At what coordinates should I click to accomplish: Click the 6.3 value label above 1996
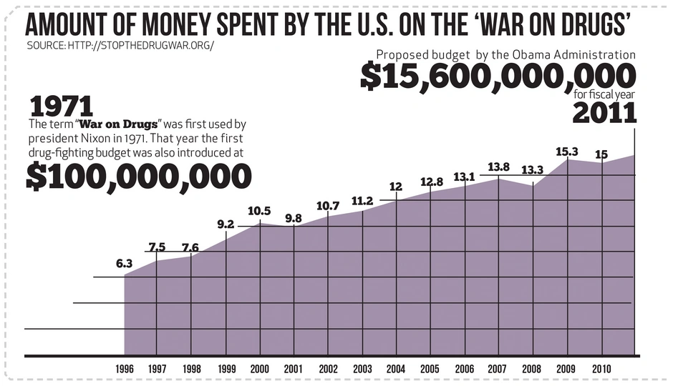pos(125,264)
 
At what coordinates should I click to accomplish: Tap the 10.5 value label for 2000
pos(259,211)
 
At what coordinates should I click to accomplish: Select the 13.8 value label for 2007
pos(498,167)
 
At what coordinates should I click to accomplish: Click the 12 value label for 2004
pos(396,187)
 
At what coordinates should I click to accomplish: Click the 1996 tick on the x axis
pos(125,369)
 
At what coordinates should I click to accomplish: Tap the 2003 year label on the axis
pos(362,369)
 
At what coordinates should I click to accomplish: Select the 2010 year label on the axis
pos(601,369)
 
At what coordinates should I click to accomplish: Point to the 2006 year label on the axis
pos(465,369)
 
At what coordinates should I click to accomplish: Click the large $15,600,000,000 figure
pos(498,76)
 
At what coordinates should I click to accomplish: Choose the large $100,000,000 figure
pos(139,176)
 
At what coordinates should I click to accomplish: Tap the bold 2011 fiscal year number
pos(605,112)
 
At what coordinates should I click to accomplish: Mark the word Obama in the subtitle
pos(535,54)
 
